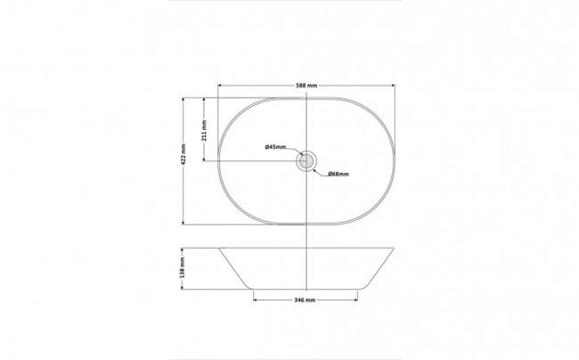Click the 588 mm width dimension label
pos(306,86)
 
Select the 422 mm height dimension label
pos(183,154)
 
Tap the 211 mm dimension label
pos(204,130)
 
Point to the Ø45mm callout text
pos(275,147)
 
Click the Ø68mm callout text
pos(338,174)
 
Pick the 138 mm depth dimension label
pos(182,267)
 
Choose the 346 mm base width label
pos(305,300)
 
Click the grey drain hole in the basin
pos(306,161)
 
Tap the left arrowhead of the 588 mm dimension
pos(220,86)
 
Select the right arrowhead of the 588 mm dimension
pos(393,86)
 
